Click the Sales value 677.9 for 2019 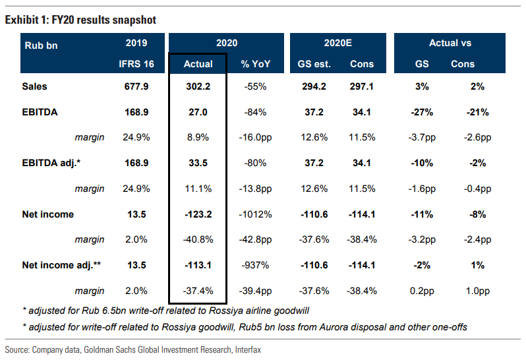136,86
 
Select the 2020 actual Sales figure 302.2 198,86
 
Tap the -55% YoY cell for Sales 255,86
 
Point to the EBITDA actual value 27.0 198,112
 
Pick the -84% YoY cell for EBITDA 255,112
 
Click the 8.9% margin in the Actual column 198,137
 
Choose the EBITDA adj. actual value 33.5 198,163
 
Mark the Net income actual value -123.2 198,214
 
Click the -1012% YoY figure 255,214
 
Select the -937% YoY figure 255,266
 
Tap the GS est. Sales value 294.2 314,86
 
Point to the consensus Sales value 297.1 362,86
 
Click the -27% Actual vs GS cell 422,112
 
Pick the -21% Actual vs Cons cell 478,112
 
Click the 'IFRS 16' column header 136,64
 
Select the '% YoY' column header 256,64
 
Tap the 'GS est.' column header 314,64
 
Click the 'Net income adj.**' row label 61,266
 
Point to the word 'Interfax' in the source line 248,350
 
